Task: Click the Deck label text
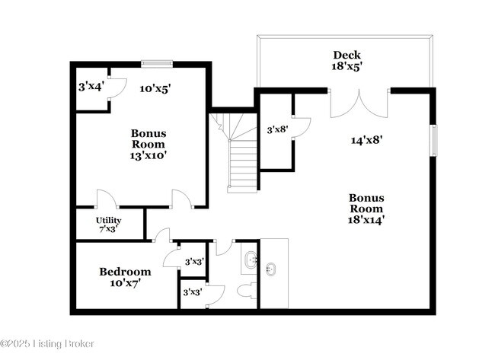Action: coord(346,55)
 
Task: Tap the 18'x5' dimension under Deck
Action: coord(346,66)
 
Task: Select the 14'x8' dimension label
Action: coord(366,139)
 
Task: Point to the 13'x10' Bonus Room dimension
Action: coord(148,155)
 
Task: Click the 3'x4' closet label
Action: coord(91,87)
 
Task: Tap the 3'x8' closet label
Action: coord(276,129)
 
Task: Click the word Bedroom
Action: coord(125,271)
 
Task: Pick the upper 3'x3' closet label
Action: coord(194,261)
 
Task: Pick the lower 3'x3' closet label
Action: coord(192,292)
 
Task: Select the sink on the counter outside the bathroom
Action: coord(270,268)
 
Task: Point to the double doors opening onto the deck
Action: coord(359,103)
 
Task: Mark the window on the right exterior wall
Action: coord(433,139)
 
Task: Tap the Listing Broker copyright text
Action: coord(47,344)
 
